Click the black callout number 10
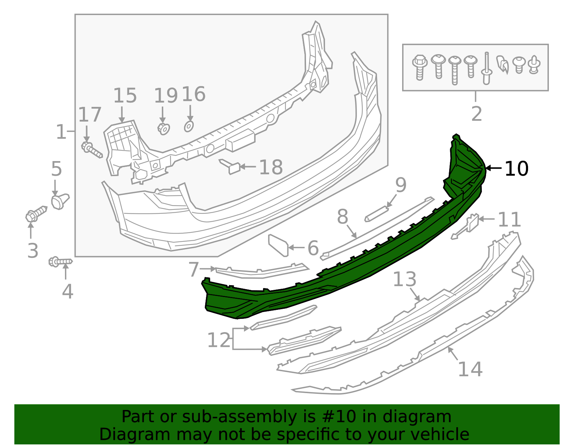click(x=516, y=169)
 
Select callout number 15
click(x=125, y=96)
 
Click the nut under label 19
click(x=164, y=128)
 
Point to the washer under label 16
click(x=189, y=126)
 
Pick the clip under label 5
click(x=60, y=201)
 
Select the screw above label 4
click(x=60, y=262)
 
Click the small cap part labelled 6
click(x=278, y=245)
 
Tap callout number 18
click(x=271, y=168)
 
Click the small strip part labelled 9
click(x=377, y=214)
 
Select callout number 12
click(x=219, y=340)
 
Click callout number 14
click(x=470, y=369)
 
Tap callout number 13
click(x=404, y=279)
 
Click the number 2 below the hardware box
click(x=476, y=114)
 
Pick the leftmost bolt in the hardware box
click(x=419, y=67)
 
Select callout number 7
click(x=194, y=269)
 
